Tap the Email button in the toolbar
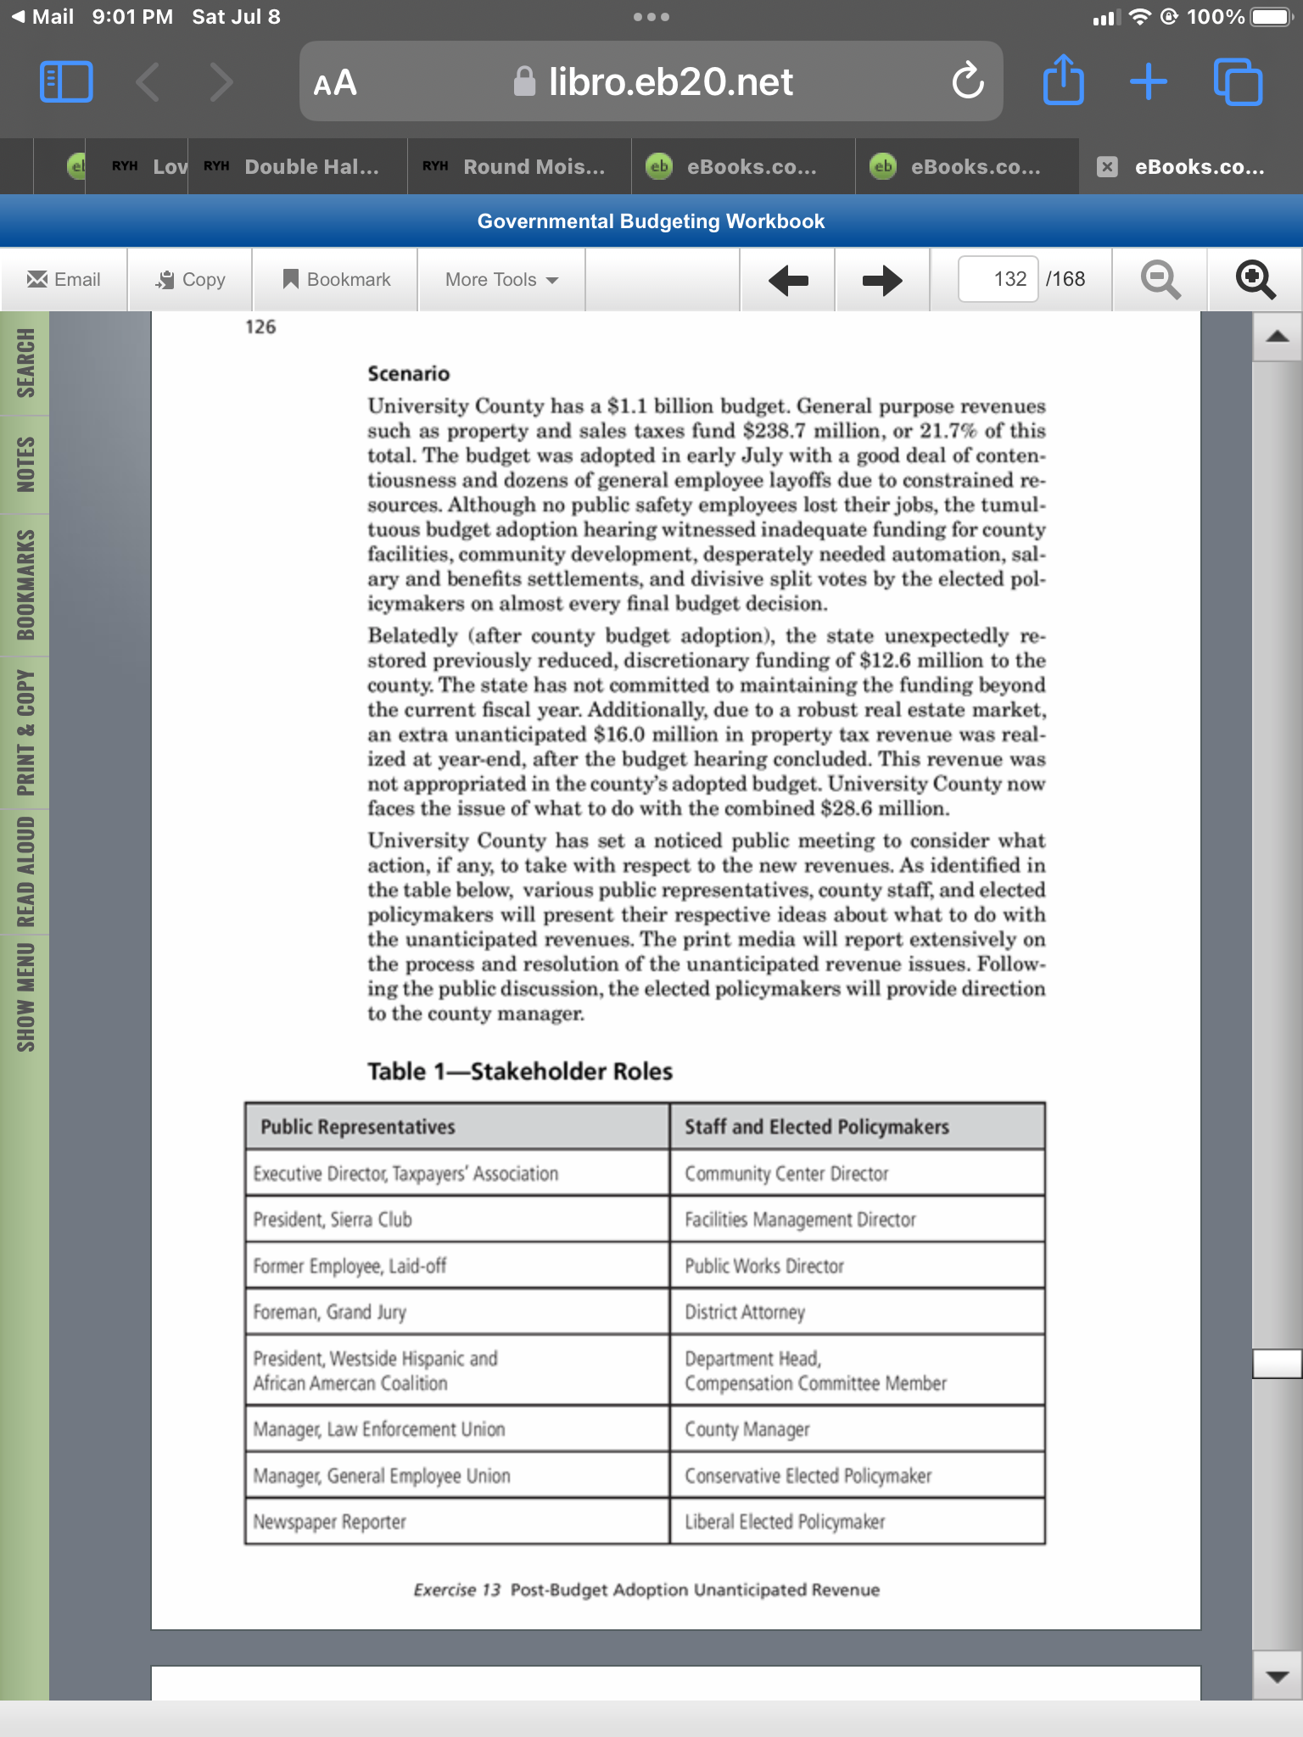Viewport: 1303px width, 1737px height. point(64,280)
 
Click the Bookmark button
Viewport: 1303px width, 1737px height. point(337,280)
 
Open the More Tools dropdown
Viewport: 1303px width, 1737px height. point(501,280)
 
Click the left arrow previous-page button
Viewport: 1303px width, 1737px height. point(788,280)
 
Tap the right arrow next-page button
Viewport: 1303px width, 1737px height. point(882,280)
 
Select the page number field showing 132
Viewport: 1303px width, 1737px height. point(998,279)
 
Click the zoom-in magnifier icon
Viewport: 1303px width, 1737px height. point(1255,280)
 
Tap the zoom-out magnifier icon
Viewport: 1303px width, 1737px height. point(1160,280)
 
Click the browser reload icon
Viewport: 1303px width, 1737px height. point(968,81)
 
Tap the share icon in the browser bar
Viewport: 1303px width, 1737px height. point(1063,81)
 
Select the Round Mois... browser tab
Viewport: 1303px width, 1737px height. point(519,167)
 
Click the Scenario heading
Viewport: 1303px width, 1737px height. point(408,374)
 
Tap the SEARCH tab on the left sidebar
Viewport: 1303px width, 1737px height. point(25,363)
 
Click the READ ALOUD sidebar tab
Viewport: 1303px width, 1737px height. point(25,871)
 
